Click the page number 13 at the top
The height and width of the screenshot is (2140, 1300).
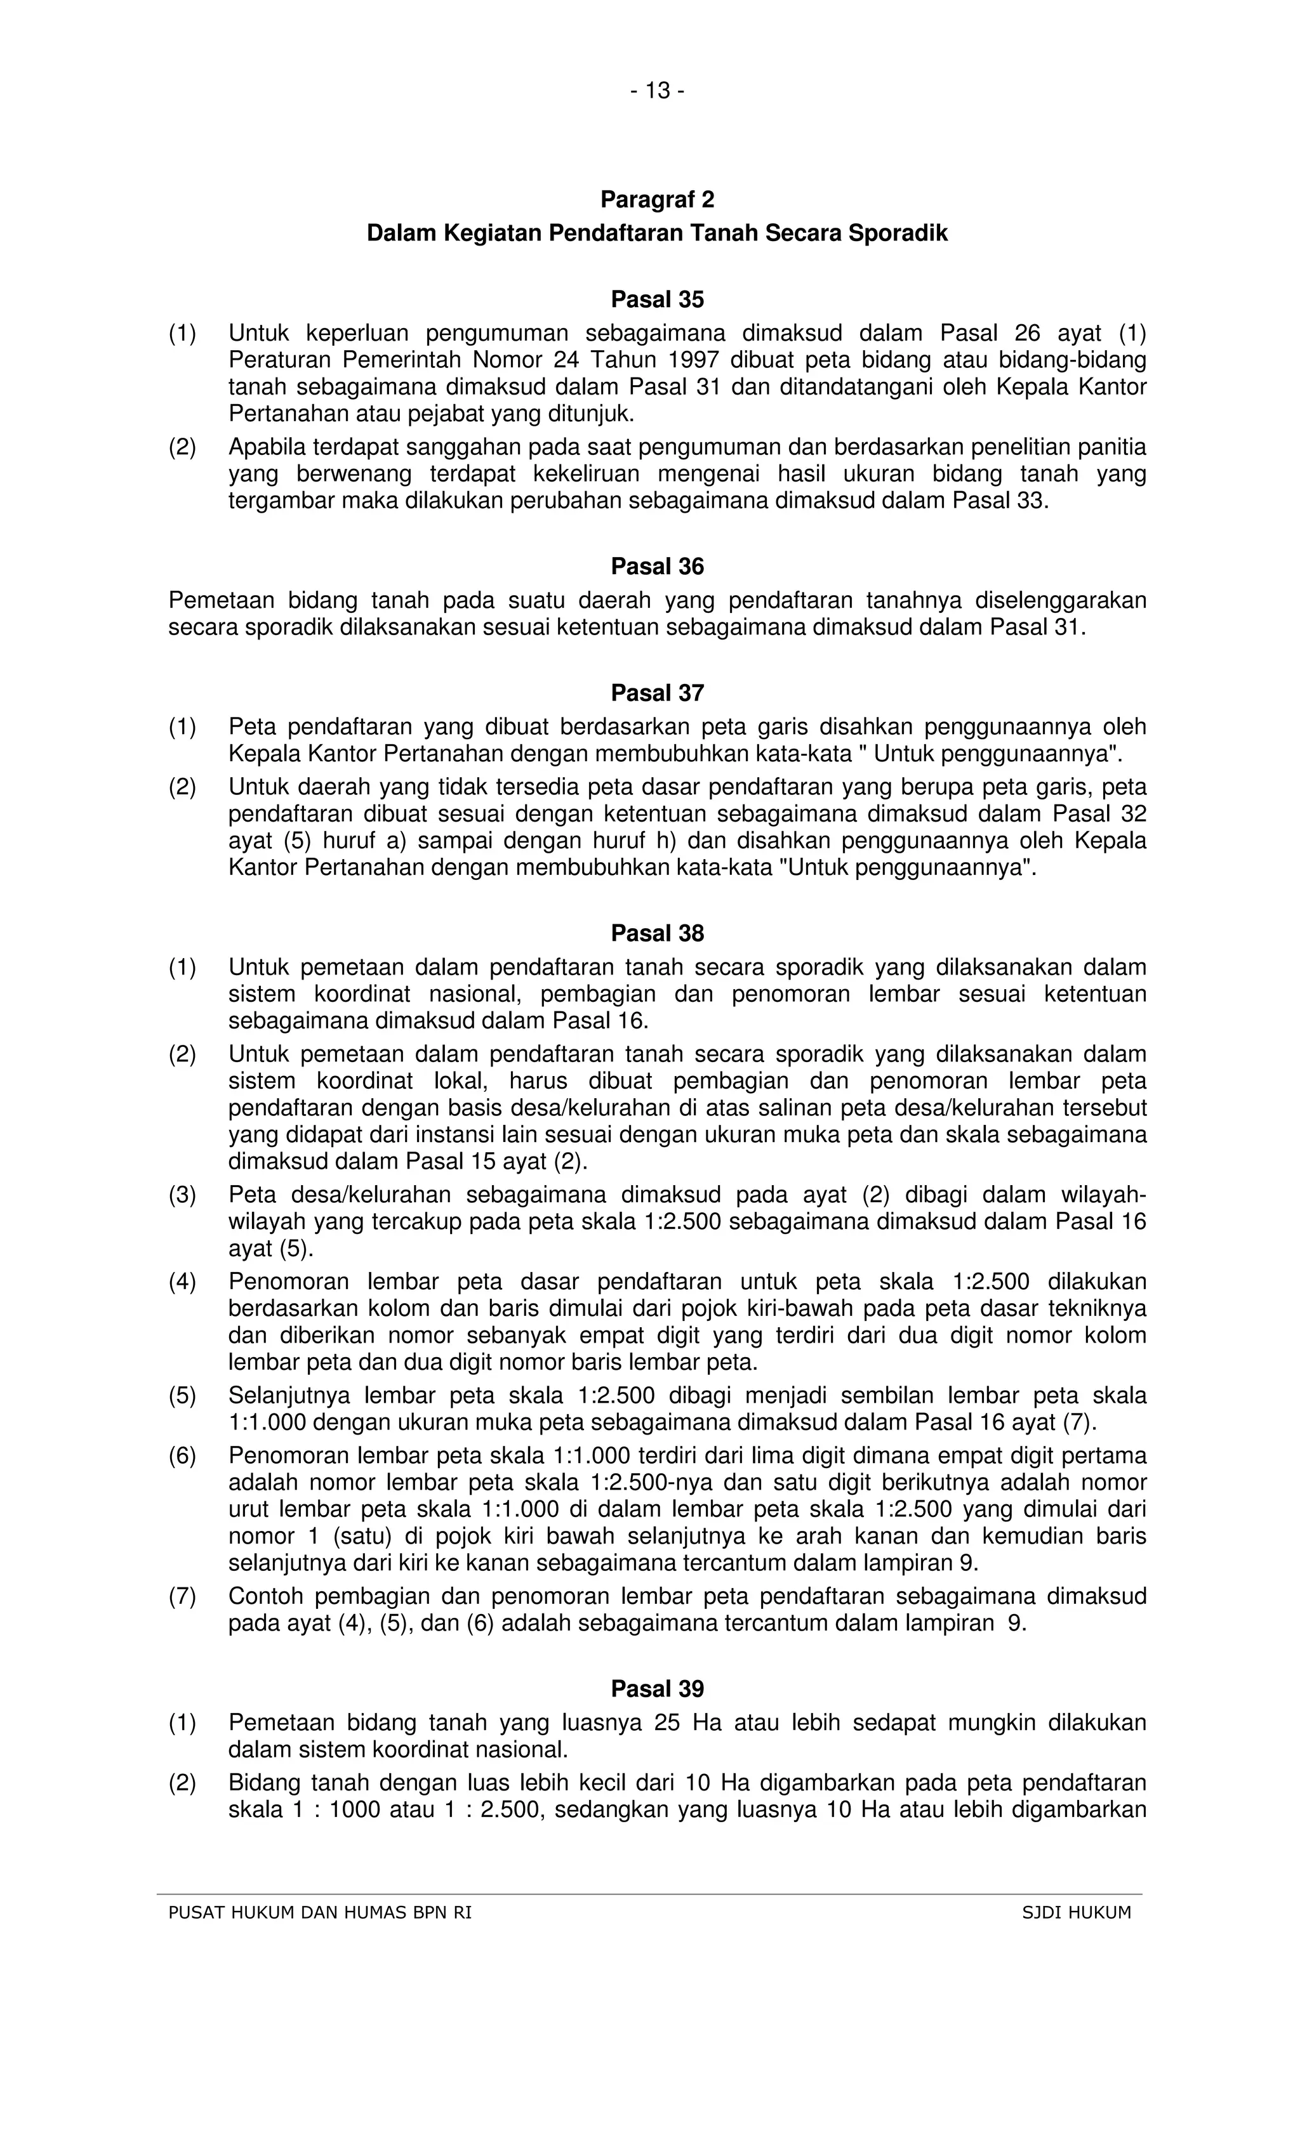click(x=658, y=90)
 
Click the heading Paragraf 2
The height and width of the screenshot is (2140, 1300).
click(x=657, y=200)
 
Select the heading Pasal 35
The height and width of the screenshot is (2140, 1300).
click(x=657, y=299)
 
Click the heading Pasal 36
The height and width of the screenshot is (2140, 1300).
click(x=657, y=567)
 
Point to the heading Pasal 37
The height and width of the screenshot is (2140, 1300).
click(x=657, y=693)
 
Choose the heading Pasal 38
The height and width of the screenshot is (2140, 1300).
click(x=657, y=934)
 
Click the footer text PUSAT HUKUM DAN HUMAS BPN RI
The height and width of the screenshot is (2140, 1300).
click(x=320, y=1912)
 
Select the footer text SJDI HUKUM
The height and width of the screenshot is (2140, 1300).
click(x=1077, y=1912)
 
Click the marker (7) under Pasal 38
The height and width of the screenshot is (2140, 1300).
click(x=182, y=1596)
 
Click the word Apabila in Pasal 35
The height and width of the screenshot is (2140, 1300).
click(x=267, y=447)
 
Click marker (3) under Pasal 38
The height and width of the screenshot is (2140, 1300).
click(x=182, y=1195)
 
